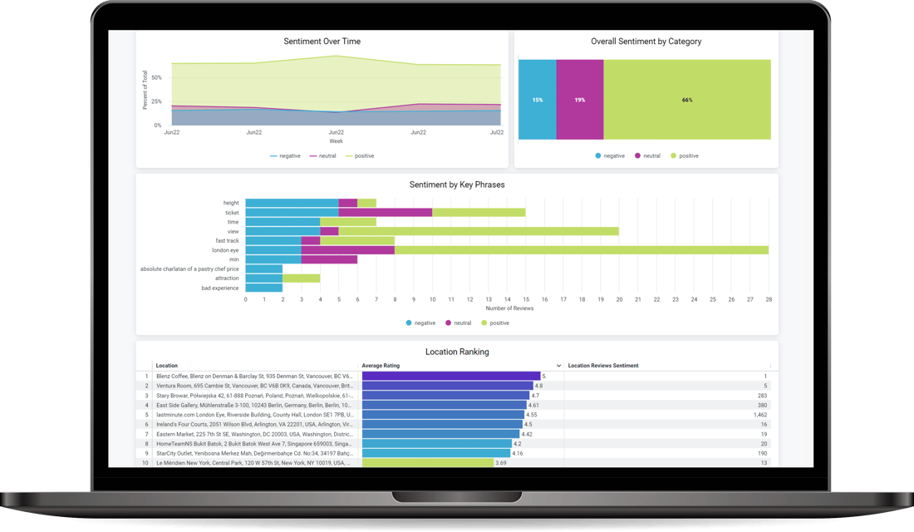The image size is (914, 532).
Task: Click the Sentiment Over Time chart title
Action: pyautogui.click(x=322, y=42)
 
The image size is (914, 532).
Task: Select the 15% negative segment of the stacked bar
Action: pyautogui.click(x=537, y=100)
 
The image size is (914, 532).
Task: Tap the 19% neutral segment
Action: pyautogui.click(x=579, y=100)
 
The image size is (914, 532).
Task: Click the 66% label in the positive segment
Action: pyautogui.click(x=687, y=100)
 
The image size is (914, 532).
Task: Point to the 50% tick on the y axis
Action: pyautogui.click(x=156, y=77)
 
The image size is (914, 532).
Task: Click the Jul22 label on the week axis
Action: pyautogui.click(x=497, y=132)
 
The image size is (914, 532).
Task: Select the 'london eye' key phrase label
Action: pyautogui.click(x=225, y=250)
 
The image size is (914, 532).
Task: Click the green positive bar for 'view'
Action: pyautogui.click(x=478, y=231)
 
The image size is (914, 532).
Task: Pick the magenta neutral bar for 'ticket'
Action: pyautogui.click(x=386, y=213)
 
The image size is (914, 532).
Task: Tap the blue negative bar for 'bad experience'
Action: pyautogui.click(x=264, y=288)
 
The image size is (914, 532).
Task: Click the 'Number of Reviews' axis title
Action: pyautogui.click(x=509, y=308)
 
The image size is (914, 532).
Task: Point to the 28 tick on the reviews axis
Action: pyautogui.click(x=769, y=299)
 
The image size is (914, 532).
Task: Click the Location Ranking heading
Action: pyautogui.click(x=457, y=352)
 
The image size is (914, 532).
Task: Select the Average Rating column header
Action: pyautogui.click(x=381, y=366)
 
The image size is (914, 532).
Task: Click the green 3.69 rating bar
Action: pyautogui.click(x=427, y=462)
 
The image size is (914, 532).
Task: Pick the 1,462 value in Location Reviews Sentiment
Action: pyautogui.click(x=759, y=414)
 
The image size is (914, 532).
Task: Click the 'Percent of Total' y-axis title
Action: pyautogui.click(x=145, y=91)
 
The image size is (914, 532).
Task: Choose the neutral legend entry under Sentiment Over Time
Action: pyautogui.click(x=322, y=156)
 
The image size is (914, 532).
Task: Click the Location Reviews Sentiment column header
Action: pyautogui.click(x=602, y=366)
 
